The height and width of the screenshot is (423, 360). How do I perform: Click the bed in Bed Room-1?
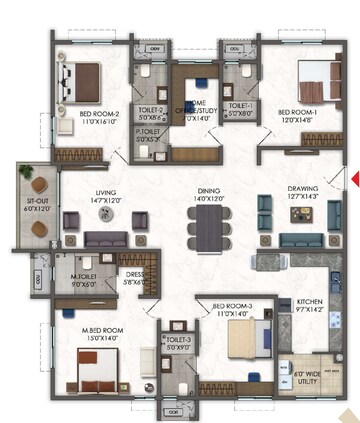312,81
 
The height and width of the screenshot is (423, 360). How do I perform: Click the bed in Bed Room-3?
247,341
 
